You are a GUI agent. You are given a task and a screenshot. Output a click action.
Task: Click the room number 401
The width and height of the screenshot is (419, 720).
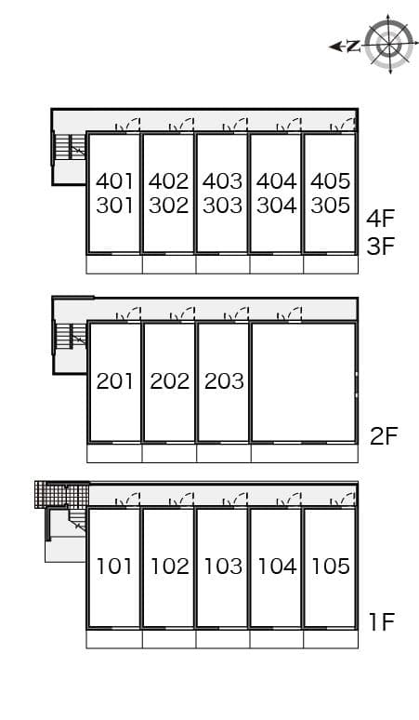coord(115,181)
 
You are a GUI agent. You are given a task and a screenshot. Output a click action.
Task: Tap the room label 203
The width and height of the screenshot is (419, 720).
coord(223,380)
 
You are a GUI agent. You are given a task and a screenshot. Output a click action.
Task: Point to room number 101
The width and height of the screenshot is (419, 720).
coord(115,566)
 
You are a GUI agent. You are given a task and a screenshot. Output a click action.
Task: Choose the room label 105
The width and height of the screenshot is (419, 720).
coord(330,566)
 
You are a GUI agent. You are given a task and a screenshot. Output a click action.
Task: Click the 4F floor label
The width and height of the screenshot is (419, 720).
coord(381,220)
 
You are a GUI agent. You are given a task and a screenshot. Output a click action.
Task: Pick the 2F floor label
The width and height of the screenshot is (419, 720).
coord(383,435)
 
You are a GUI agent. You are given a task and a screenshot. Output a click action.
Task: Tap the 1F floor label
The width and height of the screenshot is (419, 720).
coord(382,621)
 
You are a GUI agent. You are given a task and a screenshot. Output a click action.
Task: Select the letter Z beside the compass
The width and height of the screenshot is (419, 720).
coord(352,47)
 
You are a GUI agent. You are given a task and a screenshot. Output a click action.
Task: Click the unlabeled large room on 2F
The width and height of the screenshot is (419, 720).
coord(303,381)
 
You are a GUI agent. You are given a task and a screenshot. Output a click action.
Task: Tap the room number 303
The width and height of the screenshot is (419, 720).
coord(223,206)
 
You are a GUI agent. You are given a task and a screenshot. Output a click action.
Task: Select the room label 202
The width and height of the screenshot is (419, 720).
coord(169,380)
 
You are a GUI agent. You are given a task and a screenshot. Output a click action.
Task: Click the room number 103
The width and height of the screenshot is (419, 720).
coord(223,566)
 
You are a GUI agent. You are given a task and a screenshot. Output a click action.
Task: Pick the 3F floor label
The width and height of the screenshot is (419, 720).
coord(381,247)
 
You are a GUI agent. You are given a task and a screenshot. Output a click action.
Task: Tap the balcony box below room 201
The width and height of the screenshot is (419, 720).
coord(114,453)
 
